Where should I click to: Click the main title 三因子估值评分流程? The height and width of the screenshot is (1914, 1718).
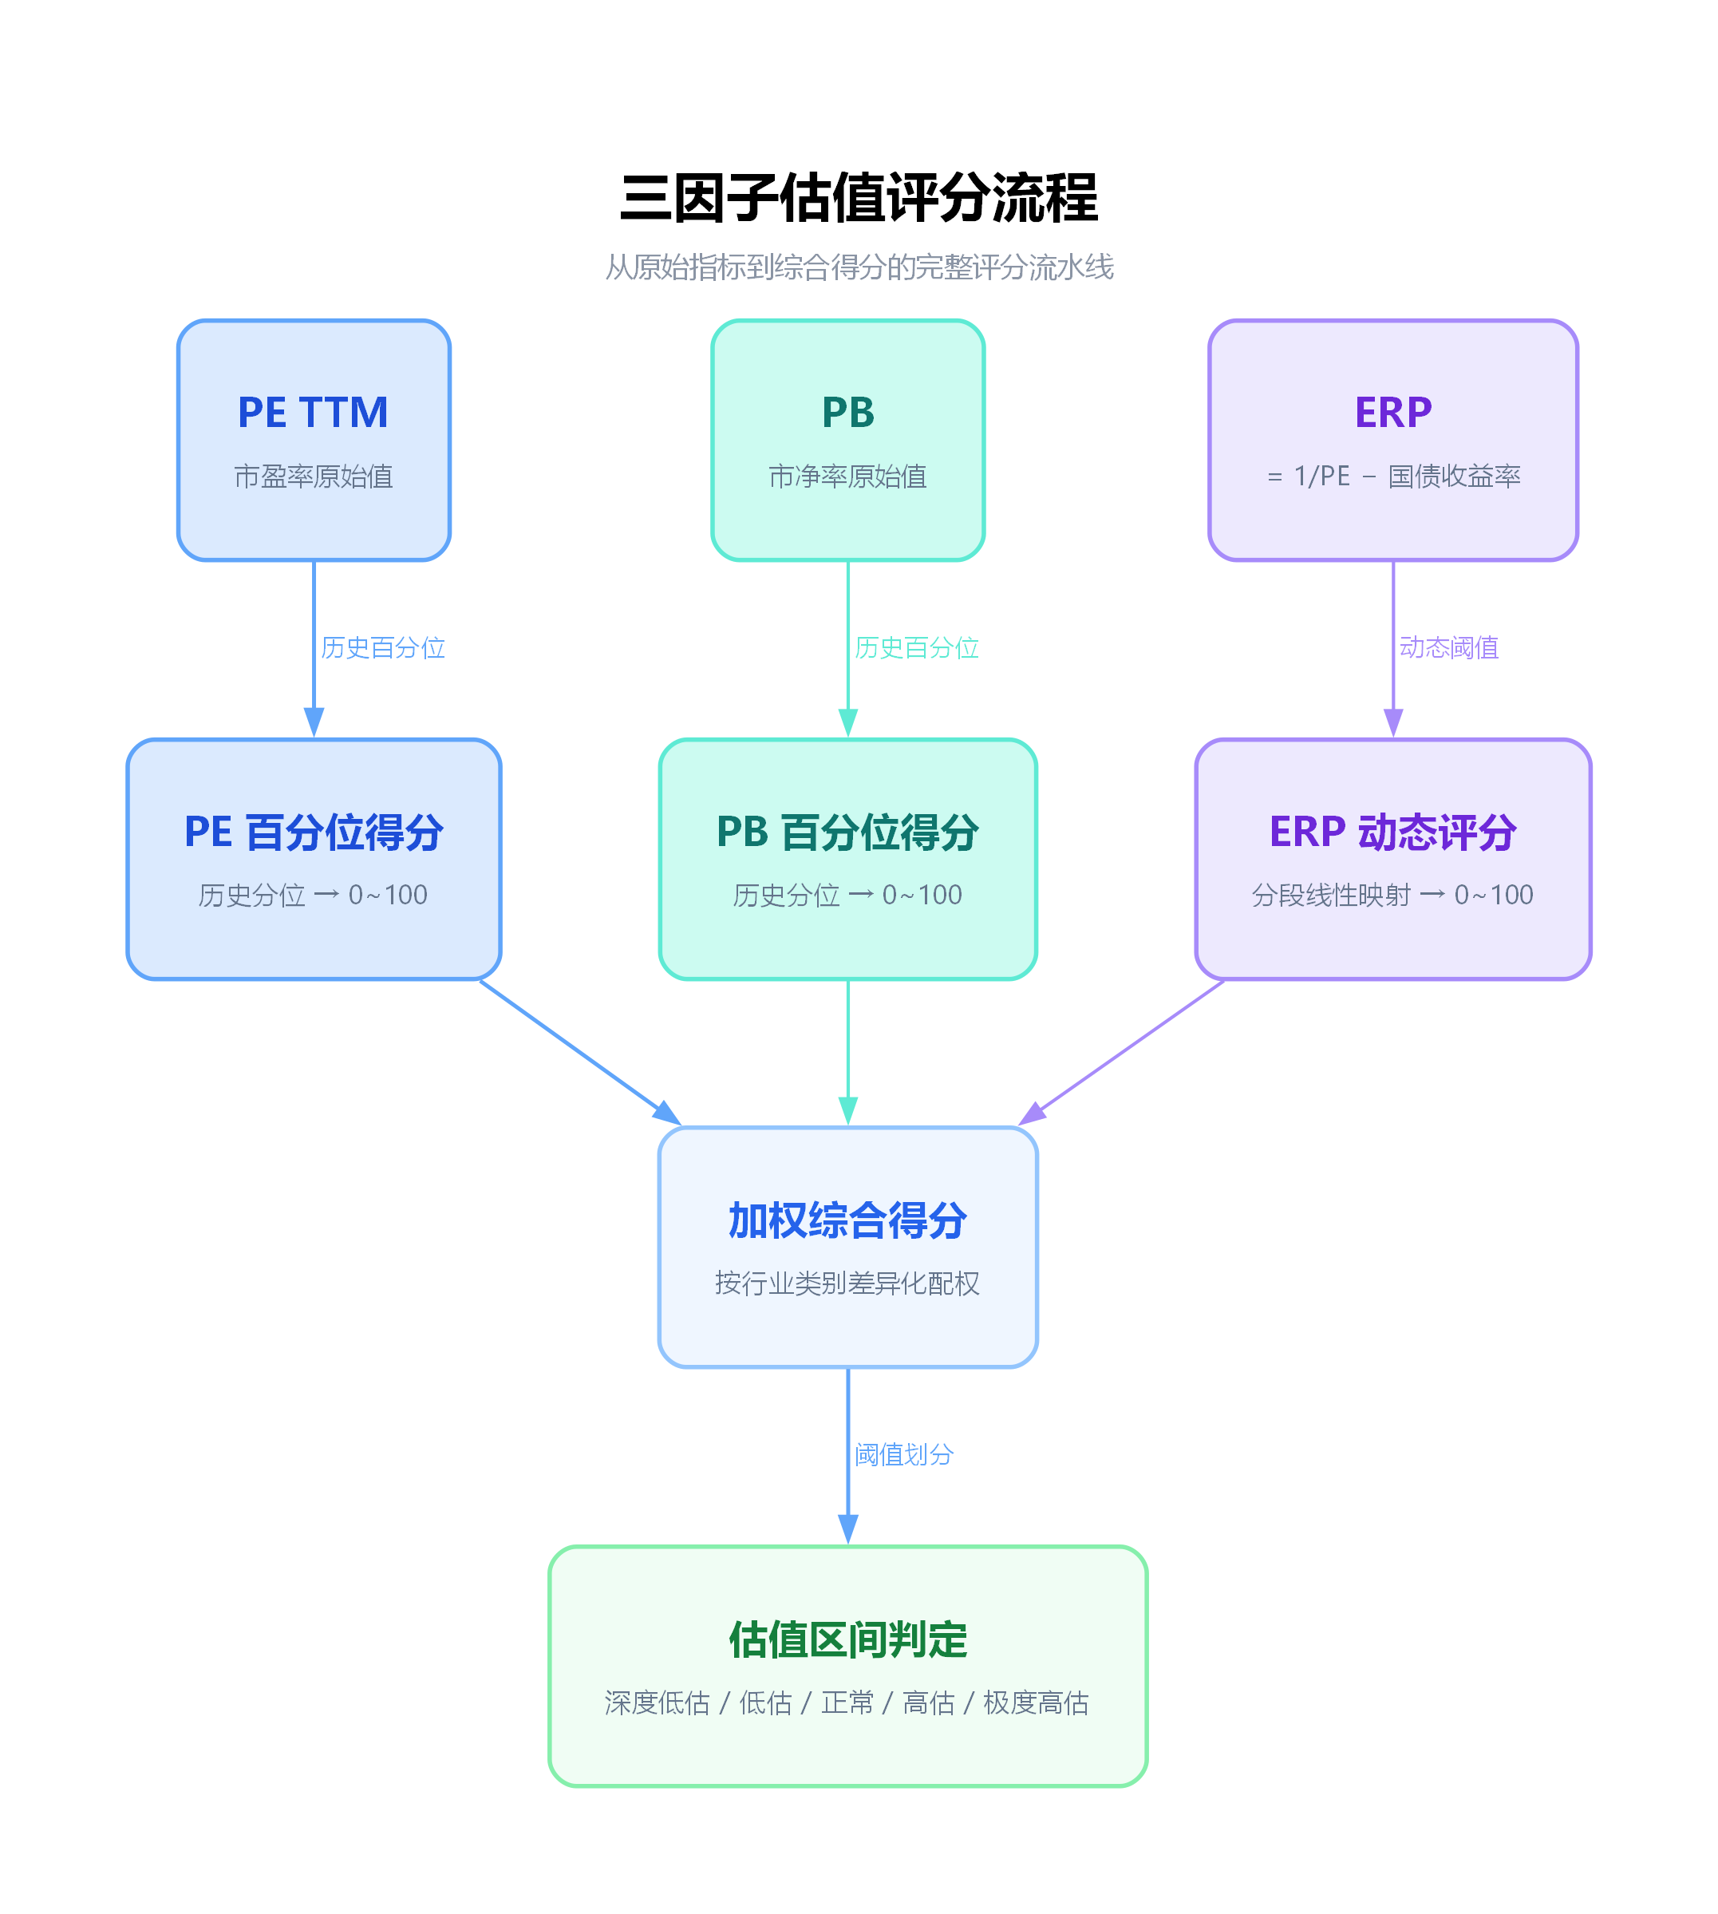[858, 198]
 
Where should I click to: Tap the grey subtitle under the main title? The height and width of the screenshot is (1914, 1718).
[858, 267]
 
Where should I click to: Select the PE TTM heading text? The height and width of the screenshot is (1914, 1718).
[313, 413]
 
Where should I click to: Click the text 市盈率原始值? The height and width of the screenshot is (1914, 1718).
[313, 476]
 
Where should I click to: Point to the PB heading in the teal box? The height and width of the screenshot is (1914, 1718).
[847, 413]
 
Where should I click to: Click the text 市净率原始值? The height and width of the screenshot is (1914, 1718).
[847, 476]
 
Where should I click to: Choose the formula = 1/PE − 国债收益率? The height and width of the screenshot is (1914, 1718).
[1392, 476]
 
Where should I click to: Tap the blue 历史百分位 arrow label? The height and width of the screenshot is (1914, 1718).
[382, 648]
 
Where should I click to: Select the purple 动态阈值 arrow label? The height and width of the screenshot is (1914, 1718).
[1448, 648]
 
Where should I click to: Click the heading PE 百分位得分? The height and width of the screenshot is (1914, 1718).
[313, 832]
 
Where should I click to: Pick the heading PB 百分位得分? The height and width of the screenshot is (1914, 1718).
[847, 832]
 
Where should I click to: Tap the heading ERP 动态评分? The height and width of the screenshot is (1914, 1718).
[1392, 832]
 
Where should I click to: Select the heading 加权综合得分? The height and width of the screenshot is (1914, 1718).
[847, 1220]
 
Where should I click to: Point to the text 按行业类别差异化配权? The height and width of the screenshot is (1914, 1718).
[847, 1283]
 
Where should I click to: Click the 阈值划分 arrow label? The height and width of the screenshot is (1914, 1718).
[903, 1454]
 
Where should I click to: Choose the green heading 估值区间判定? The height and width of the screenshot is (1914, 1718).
[847, 1639]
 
